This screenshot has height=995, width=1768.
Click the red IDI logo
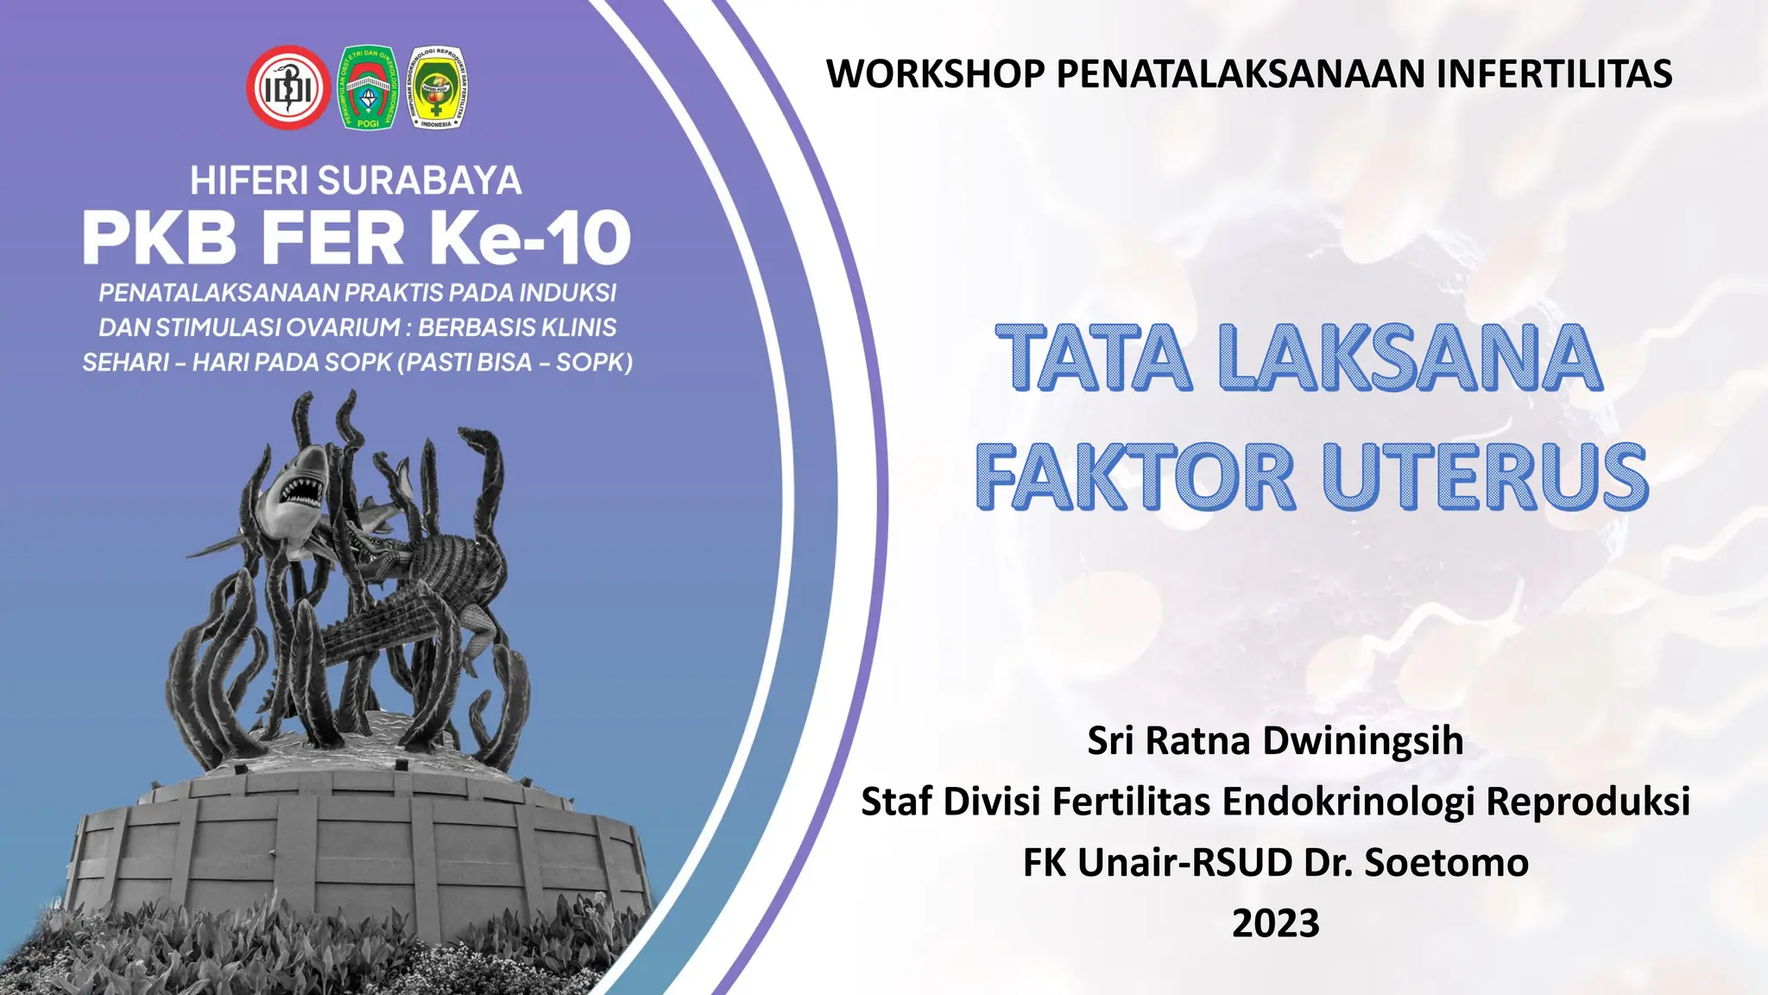click(x=287, y=87)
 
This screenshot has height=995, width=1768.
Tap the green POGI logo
click(x=368, y=87)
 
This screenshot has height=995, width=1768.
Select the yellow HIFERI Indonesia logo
click(x=438, y=87)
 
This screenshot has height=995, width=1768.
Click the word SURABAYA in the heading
click(x=420, y=181)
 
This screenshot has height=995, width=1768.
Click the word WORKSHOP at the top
click(x=935, y=73)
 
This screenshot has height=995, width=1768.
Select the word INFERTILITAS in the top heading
click(x=1554, y=73)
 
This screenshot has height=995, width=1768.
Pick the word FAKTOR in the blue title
click(x=1135, y=478)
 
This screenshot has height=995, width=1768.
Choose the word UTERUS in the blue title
click(x=1485, y=478)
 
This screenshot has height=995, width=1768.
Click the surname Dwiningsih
click(x=1363, y=741)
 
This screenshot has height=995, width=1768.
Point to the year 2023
click(x=1275, y=923)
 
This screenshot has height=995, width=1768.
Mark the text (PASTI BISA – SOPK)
click(x=515, y=362)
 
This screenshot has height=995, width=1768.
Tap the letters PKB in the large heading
click(x=160, y=238)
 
